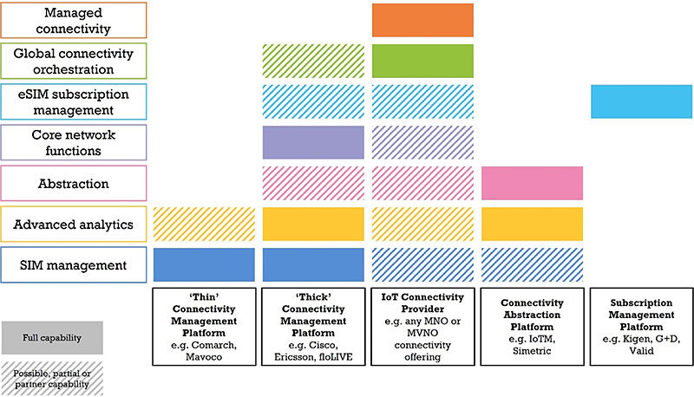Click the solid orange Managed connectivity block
422,20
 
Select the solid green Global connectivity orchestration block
422,61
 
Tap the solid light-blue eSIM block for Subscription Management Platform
641,101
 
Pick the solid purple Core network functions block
313,142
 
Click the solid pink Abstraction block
532,183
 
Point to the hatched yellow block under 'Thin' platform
204,225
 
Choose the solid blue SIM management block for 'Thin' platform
204,265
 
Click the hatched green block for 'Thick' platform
313,61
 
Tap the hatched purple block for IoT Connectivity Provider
422,142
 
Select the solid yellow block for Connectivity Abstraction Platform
532,225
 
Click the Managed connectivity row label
74,20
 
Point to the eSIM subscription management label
74,101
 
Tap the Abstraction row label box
74,183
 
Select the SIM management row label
74,265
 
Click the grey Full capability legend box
52,338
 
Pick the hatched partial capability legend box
52,379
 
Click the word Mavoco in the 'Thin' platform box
204,357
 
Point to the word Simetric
532,351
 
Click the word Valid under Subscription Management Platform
641,351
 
